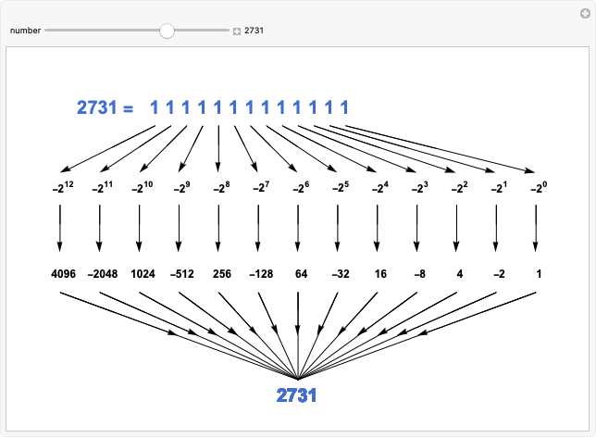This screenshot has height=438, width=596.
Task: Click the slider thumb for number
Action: [x=167, y=31]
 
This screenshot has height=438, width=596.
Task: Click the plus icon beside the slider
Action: [x=237, y=31]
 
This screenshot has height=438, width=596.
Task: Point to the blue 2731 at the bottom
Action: [x=297, y=395]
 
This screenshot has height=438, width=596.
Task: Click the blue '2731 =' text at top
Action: [x=105, y=108]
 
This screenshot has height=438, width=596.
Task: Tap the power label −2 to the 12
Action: [x=60, y=187]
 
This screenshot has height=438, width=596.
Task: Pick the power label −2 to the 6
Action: [x=298, y=187]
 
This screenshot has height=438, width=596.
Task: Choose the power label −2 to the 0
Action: [x=536, y=187]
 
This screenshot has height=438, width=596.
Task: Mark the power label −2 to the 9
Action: [x=179, y=187]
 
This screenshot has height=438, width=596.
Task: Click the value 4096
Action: [x=60, y=275]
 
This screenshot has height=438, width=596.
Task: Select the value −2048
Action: [x=99, y=275]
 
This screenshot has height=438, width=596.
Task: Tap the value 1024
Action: [x=139, y=275]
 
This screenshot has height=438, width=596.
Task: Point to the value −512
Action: [x=179, y=275]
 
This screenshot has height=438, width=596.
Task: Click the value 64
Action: [x=298, y=275]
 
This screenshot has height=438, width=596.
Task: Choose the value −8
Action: [x=416, y=275]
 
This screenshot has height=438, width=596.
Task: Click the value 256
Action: [x=218, y=275]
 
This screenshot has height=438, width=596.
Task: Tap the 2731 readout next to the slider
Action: [x=255, y=31]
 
